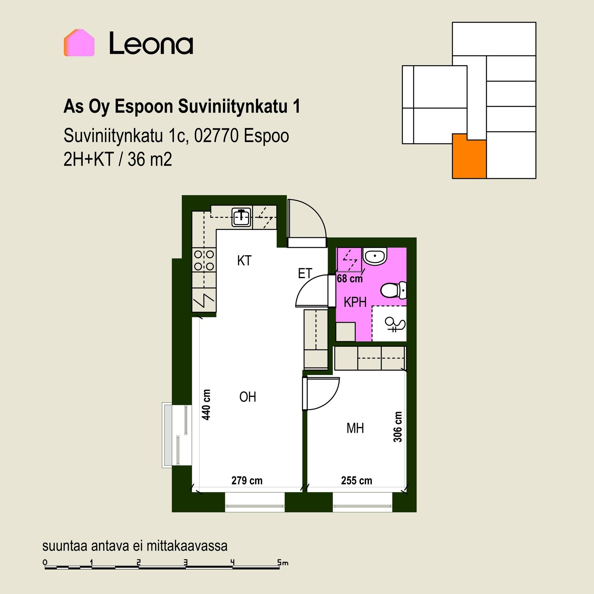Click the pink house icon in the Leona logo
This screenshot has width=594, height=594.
[x=79, y=43]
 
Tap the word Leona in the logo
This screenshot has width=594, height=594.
[x=151, y=43]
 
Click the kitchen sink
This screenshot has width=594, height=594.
[x=242, y=217]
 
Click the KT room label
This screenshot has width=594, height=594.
[x=244, y=261]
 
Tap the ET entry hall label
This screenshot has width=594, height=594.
[x=305, y=273]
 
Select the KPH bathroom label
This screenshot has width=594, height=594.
[x=355, y=302]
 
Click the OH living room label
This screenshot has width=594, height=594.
[x=248, y=397]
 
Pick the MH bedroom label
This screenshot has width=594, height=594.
[x=355, y=428]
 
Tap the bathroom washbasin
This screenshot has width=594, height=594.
[x=375, y=256]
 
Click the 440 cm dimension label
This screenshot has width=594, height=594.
[x=206, y=404]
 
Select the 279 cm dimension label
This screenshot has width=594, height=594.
[x=247, y=480]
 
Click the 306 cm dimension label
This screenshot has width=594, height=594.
[x=398, y=427]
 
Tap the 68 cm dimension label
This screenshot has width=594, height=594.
[x=350, y=279]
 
